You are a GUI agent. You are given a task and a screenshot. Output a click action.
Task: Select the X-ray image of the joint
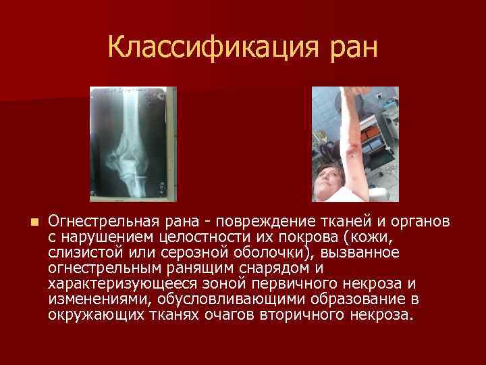(133, 144)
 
